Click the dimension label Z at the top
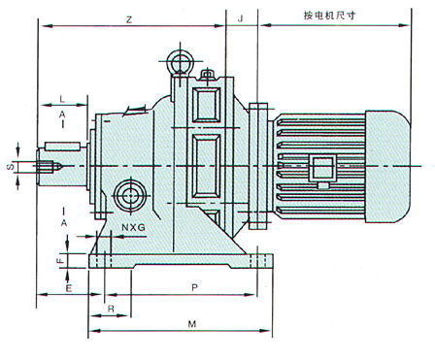tap(129, 20)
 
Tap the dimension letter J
tap(240, 18)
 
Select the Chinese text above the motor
tap(329, 16)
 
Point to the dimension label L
tap(62, 99)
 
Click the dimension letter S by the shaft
tap(11, 167)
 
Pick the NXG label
tap(133, 227)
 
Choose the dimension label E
tap(69, 288)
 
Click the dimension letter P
tap(194, 287)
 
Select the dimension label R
tap(111, 309)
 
